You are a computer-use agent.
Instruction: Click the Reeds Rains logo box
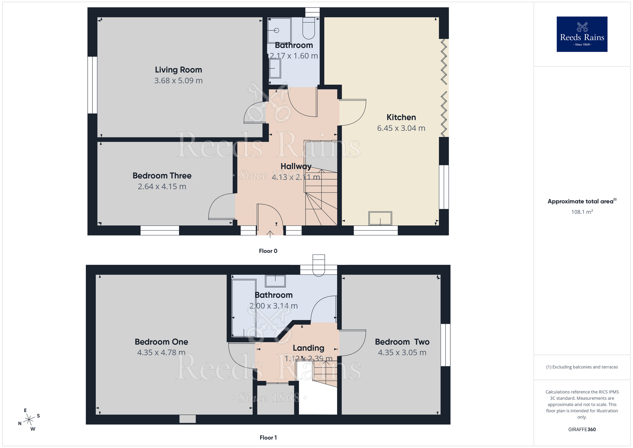click(x=582, y=34)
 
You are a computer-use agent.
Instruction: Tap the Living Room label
click(x=178, y=70)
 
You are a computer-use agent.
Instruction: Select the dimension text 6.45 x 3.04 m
click(x=401, y=128)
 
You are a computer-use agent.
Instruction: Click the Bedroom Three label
click(x=162, y=176)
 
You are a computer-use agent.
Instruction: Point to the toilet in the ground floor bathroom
click(x=309, y=29)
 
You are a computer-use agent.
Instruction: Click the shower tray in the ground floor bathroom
click(x=279, y=30)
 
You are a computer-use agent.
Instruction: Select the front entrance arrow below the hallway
click(x=270, y=234)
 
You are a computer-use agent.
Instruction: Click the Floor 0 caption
click(x=268, y=251)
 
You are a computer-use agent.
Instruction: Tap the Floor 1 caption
click(x=268, y=438)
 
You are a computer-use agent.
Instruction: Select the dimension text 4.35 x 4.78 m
click(x=161, y=352)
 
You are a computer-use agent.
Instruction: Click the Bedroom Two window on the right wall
click(x=445, y=345)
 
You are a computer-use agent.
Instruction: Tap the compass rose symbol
click(x=29, y=420)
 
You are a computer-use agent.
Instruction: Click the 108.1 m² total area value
click(x=582, y=212)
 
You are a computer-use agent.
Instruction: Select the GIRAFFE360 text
click(x=582, y=430)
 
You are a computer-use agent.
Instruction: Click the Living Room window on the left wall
click(x=92, y=85)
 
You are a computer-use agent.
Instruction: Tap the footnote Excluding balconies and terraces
click(x=582, y=367)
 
